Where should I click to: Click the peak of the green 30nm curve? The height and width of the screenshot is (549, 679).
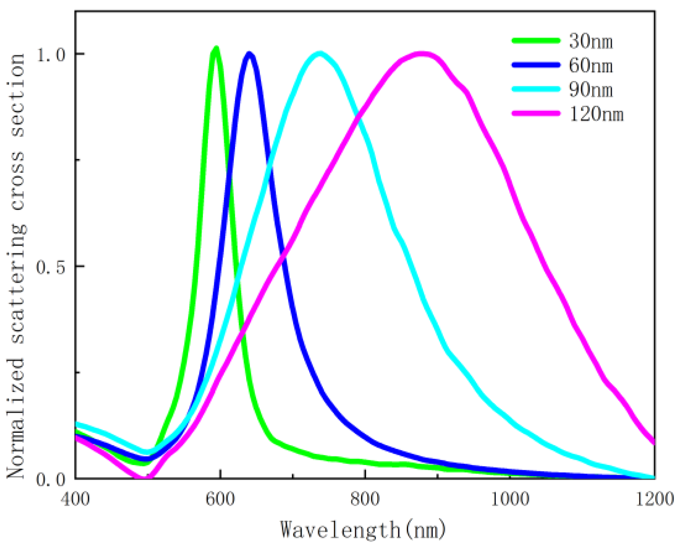coord(216,49)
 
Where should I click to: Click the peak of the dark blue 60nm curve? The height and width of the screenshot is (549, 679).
coord(249,54)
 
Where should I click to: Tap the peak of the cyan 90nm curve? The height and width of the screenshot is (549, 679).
coord(320,54)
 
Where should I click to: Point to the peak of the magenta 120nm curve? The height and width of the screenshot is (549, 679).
coord(422,54)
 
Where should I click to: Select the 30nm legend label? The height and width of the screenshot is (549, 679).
coord(591,42)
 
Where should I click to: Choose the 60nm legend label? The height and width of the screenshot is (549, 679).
coord(591,66)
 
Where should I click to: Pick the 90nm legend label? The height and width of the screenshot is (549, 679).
coord(591,90)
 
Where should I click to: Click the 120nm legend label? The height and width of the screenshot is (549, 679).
coord(596,114)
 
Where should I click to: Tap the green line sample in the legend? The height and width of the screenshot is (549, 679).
coord(536,40)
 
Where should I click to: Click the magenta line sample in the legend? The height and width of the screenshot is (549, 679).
coord(536,113)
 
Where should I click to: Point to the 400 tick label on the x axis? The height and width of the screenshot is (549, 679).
coord(75,499)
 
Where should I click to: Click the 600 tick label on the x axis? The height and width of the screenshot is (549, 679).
coord(220,499)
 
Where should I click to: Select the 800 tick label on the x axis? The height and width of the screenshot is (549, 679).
coord(365,499)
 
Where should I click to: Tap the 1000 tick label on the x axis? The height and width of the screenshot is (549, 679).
coord(510,499)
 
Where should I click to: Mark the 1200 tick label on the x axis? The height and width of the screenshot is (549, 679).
coord(654,499)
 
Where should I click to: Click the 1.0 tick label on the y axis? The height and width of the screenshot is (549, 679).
coord(51,54)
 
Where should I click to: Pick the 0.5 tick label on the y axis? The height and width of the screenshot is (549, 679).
coord(51,267)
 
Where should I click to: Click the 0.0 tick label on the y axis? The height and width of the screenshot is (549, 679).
coord(51,479)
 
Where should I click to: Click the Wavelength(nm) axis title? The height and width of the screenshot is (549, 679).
coord(363,529)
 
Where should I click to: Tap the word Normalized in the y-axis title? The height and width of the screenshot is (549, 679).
coord(16,418)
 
